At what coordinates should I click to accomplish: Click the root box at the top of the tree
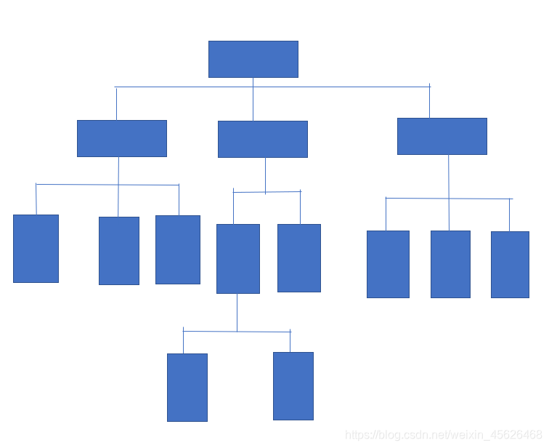pyautogui.click(x=253, y=59)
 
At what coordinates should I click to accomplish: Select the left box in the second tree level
pyautogui.click(x=121, y=138)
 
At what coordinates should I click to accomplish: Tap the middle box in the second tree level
pyautogui.click(x=262, y=139)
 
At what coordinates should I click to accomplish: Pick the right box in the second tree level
pyautogui.click(x=442, y=136)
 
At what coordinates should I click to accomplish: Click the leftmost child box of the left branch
pyautogui.click(x=36, y=248)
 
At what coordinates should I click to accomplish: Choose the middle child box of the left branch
pyautogui.click(x=118, y=250)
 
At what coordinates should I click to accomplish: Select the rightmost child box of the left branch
pyautogui.click(x=177, y=249)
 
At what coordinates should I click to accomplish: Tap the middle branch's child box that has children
pyautogui.click(x=237, y=258)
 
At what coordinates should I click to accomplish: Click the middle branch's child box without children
pyautogui.click(x=298, y=257)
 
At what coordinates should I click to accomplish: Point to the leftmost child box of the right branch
pyautogui.click(x=388, y=264)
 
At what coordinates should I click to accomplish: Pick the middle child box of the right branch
pyautogui.click(x=450, y=264)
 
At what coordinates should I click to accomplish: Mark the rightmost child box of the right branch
pyautogui.click(x=510, y=264)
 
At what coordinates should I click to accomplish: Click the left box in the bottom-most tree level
pyautogui.click(x=187, y=387)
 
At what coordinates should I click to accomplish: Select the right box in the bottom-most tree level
pyautogui.click(x=293, y=385)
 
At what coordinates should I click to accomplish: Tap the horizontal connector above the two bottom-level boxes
pyautogui.click(x=211, y=331)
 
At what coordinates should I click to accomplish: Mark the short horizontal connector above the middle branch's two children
pyautogui.click(x=283, y=191)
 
